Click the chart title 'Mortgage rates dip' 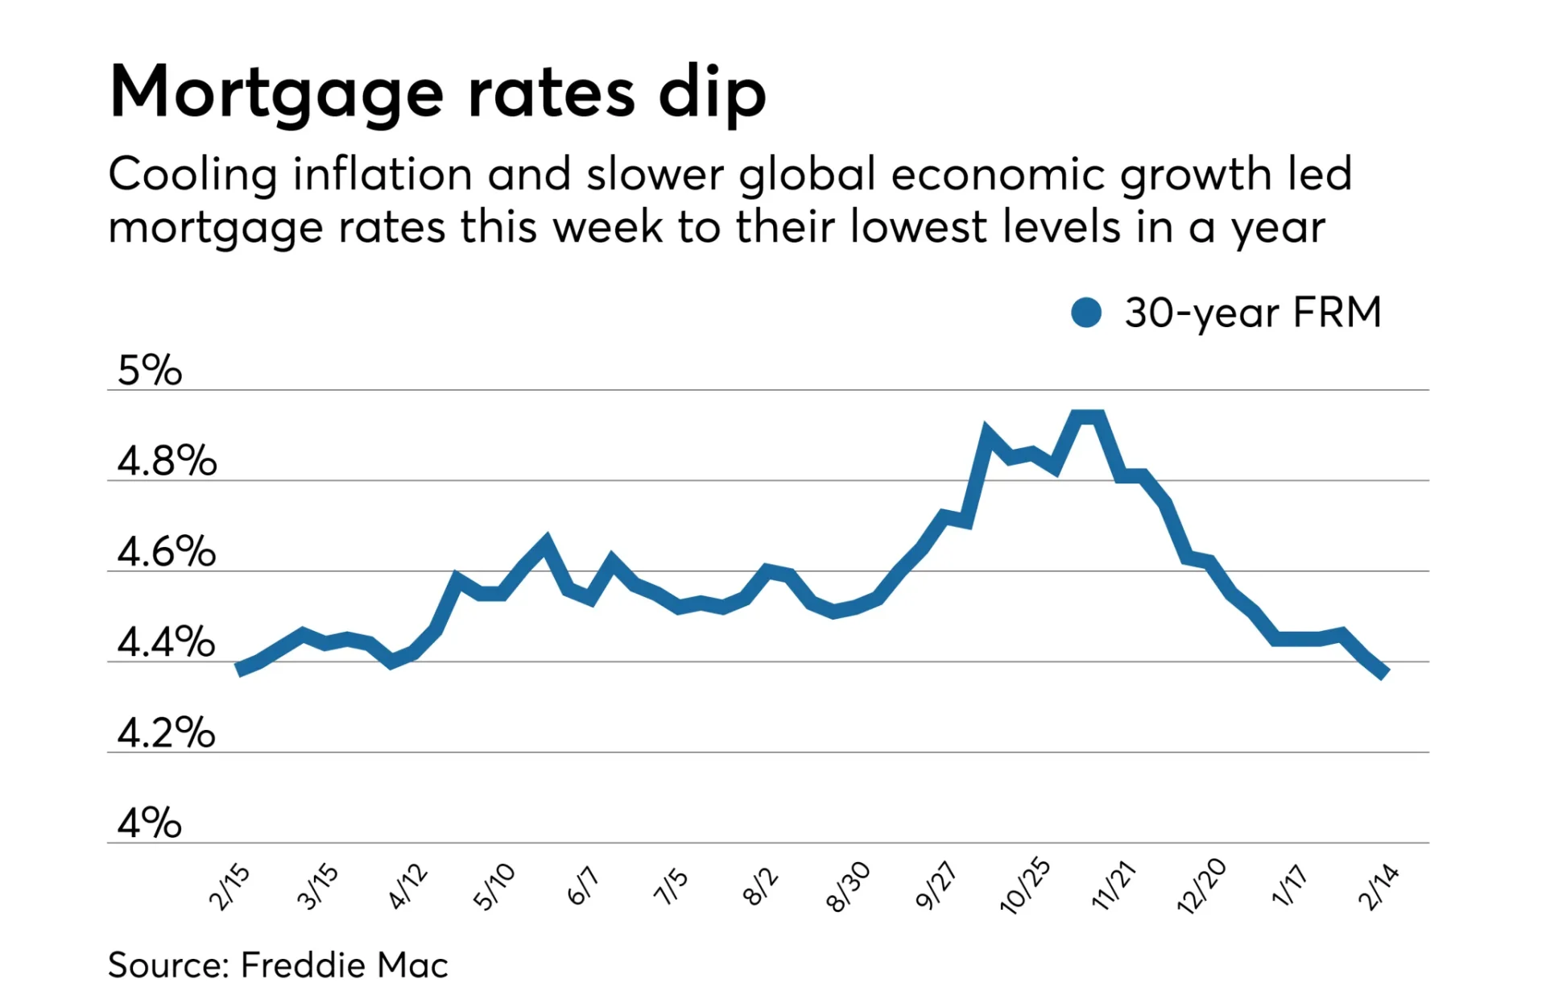click(x=437, y=93)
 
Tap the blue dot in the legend click(x=1086, y=313)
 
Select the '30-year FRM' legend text click(x=1253, y=313)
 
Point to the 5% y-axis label click(x=150, y=371)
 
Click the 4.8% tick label click(x=167, y=461)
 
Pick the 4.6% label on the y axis click(x=167, y=552)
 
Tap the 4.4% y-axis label click(x=167, y=642)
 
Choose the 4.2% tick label click(x=167, y=733)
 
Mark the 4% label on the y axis click(x=150, y=823)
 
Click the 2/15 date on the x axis click(x=229, y=886)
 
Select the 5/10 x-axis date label click(x=494, y=886)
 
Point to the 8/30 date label click(x=849, y=886)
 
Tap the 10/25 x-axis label click(x=1025, y=886)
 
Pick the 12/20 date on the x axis click(x=1201, y=886)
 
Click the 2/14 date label click(x=1379, y=886)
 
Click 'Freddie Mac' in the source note click(x=345, y=965)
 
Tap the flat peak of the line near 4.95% click(x=1087, y=417)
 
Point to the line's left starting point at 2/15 click(x=239, y=669)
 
